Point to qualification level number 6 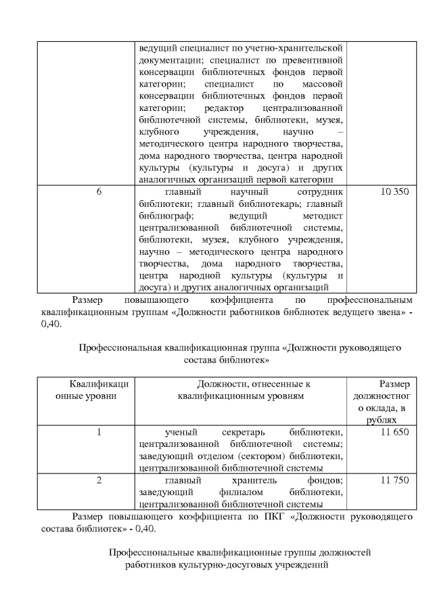(x=99, y=192)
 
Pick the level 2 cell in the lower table (x=99, y=479)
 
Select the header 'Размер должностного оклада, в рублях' (x=383, y=401)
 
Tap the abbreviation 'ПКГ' (x=268, y=516)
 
